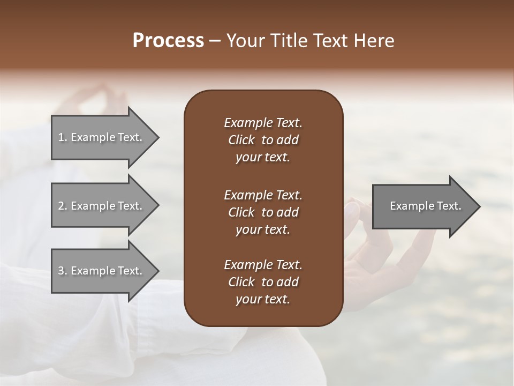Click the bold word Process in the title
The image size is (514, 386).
tap(168, 40)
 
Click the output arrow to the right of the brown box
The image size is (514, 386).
tap(423, 206)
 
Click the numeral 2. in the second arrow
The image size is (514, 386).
tap(62, 206)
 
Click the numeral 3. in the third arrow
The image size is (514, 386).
tap(62, 271)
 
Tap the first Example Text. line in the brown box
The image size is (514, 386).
tap(263, 123)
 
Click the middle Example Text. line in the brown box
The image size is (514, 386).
tap(263, 195)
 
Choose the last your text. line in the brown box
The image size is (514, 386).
tap(263, 300)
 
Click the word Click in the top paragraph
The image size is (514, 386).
tap(241, 140)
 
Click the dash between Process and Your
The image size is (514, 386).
tap(215, 40)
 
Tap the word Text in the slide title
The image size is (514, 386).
tap(332, 40)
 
